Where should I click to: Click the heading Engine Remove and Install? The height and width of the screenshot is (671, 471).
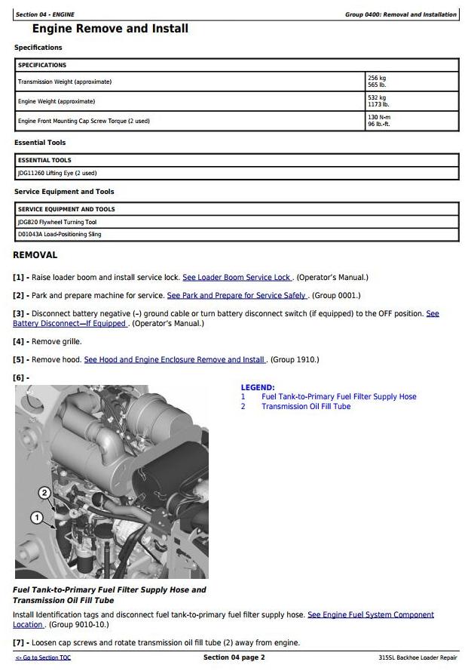click(110, 29)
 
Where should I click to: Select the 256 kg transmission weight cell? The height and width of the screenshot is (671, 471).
click(411, 82)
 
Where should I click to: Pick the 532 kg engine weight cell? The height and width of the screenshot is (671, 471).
click(411, 101)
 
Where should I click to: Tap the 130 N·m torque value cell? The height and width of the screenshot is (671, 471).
click(411, 121)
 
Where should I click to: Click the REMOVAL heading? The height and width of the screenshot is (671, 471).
click(35, 255)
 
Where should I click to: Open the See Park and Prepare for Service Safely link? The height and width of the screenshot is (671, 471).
click(237, 295)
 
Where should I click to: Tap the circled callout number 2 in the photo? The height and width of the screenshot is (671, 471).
click(44, 493)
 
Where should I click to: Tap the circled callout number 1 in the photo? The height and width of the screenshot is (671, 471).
click(35, 518)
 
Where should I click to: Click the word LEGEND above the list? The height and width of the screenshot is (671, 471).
click(258, 387)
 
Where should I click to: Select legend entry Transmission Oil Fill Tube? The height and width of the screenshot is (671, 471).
click(306, 406)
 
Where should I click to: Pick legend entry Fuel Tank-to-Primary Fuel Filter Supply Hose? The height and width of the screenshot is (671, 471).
click(338, 396)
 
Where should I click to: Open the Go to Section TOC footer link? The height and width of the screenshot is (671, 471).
click(43, 658)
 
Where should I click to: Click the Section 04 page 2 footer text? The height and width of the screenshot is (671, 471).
click(234, 657)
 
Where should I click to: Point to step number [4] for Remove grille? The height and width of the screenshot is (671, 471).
click(20, 341)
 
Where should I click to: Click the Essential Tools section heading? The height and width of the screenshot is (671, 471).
click(40, 143)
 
